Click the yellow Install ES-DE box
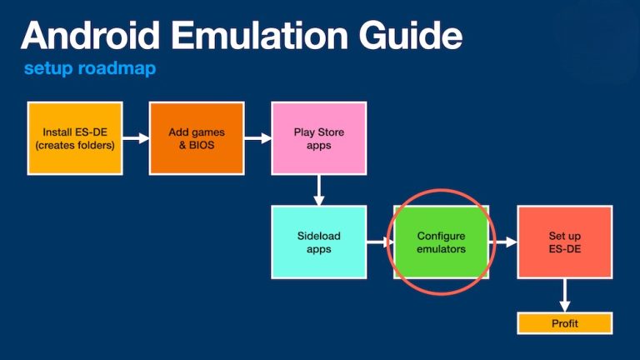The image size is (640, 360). [x=75, y=138]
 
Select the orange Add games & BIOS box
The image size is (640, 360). [x=197, y=138]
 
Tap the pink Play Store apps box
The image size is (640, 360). [x=318, y=138]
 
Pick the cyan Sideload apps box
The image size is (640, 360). [x=318, y=242]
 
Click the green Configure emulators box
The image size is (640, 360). [x=441, y=242]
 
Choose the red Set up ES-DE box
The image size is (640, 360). [x=564, y=242]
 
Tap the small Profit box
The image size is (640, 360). [x=564, y=323]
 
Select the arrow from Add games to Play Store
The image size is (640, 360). [x=257, y=138]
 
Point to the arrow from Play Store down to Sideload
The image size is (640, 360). [x=318, y=190]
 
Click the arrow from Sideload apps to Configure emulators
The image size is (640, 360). [x=380, y=242]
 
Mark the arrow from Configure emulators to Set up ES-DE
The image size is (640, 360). [x=502, y=242]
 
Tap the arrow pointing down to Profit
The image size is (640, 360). [x=564, y=295]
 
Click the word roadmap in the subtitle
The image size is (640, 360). [x=117, y=68]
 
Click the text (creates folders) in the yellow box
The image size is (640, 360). [x=75, y=145]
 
